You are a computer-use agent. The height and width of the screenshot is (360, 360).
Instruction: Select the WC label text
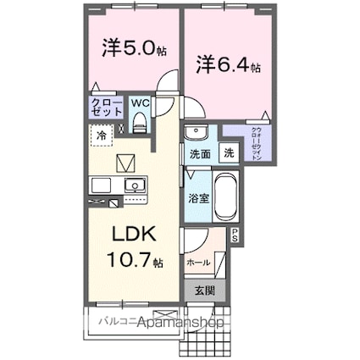point(139,106)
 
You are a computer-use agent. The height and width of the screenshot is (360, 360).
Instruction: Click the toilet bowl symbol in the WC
point(141,124)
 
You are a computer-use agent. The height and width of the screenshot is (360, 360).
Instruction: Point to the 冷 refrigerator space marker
point(101,135)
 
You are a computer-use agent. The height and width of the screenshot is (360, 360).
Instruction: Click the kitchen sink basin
point(134,185)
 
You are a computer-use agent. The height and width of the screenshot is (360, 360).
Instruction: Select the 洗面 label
point(200,155)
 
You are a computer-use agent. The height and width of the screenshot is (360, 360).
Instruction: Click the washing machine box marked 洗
point(229,154)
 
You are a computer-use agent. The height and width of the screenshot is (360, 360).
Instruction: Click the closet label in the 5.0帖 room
point(105,108)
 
